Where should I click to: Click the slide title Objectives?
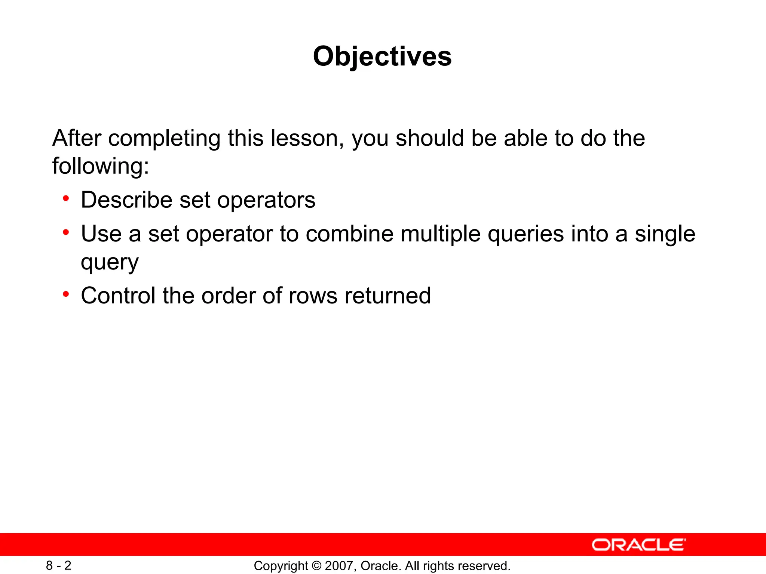tap(382, 56)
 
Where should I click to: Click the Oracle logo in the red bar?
tap(638, 544)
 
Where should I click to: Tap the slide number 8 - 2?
tap(59, 565)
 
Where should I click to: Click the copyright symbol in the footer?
tap(316, 566)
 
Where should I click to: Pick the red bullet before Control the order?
tap(66, 294)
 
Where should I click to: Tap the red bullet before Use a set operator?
tap(66, 232)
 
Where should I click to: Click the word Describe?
tap(126, 200)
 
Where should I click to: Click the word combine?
tap(349, 234)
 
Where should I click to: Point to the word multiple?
tap(440, 234)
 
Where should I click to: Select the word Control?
tap(118, 296)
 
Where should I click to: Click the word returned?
tap(387, 296)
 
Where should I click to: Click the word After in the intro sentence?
tap(77, 138)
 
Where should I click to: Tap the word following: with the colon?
tap(101, 166)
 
